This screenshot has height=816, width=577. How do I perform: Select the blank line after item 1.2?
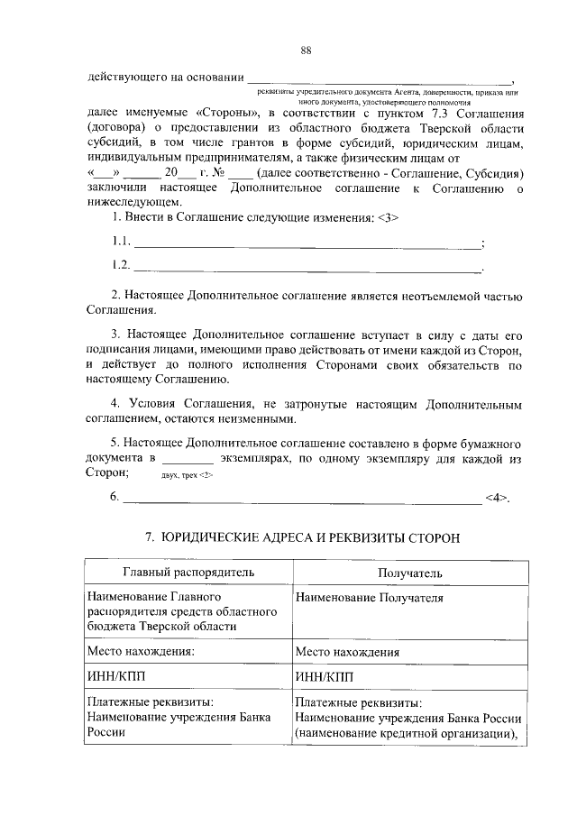tap(307, 267)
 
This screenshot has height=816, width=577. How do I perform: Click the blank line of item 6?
tap(302, 499)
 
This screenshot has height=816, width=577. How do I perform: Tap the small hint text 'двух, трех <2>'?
tap(187, 473)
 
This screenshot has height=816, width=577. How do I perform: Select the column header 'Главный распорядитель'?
tap(188, 573)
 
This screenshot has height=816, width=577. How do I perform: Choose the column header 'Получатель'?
tap(410, 573)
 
